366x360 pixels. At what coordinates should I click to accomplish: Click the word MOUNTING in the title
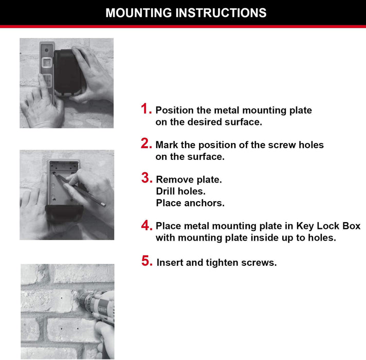pyautogui.click(x=139, y=13)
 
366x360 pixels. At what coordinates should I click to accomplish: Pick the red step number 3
pyautogui.click(x=146, y=178)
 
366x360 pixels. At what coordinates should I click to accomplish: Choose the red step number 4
pyautogui.click(x=146, y=225)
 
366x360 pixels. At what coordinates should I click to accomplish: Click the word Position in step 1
pyautogui.click(x=173, y=110)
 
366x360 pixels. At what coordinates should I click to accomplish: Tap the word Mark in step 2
pyautogui.click(x=167, y=145)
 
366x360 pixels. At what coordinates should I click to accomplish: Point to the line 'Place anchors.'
pyautogui.click(x=190, y=203)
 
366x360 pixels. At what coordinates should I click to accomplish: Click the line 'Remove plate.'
pyautogui.click(x=189, y=179)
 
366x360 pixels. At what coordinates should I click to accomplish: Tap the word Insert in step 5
pyautogui.click(x=170, y=263)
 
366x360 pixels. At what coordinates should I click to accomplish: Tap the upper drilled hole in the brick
pyautogui.click(x=60, y=298)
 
